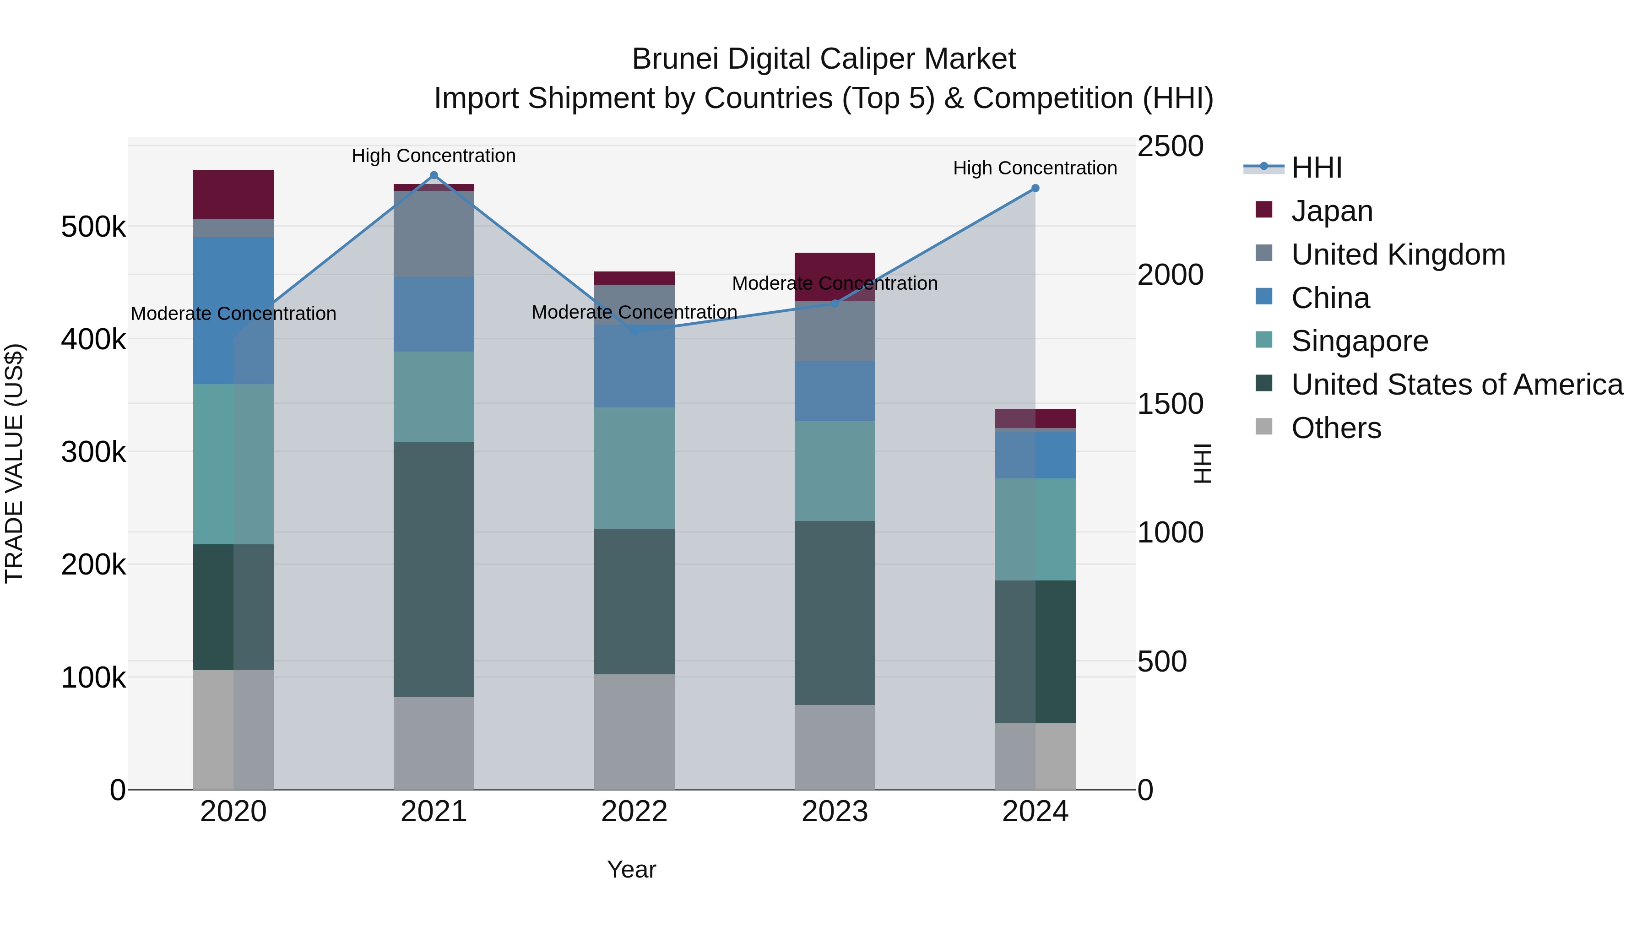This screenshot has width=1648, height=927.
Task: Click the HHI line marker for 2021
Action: tap(434, 175)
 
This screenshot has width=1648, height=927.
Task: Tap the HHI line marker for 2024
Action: tap(1035, 188)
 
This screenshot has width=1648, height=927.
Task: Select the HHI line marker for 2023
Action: tap(834, 303)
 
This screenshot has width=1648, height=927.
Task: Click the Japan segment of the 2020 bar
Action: tap(233, 195)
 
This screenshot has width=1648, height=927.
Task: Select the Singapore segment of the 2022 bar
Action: tap(634, 468)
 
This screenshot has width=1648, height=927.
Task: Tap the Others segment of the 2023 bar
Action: tap(834, 747)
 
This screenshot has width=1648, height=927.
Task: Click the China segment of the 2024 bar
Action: tap(1035, 455)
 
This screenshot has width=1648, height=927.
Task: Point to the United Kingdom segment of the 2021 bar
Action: tap(434, 233)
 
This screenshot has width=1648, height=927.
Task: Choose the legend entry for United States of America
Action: tap(1456, 385)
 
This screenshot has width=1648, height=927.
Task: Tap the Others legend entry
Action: tap(1336, 428)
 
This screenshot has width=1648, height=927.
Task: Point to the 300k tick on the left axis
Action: tap(93, 452)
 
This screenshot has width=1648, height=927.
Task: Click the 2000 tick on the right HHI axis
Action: tap(1170, 275)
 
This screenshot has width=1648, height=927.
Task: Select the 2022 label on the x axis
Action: tap(634, 812)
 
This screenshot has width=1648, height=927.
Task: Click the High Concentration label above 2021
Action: tap(434, 156)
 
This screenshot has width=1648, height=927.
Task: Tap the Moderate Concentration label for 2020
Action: tap(233, 314)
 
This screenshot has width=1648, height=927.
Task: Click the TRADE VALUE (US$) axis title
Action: tap(14, 463)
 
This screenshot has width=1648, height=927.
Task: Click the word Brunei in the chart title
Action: tap(675, 59)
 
